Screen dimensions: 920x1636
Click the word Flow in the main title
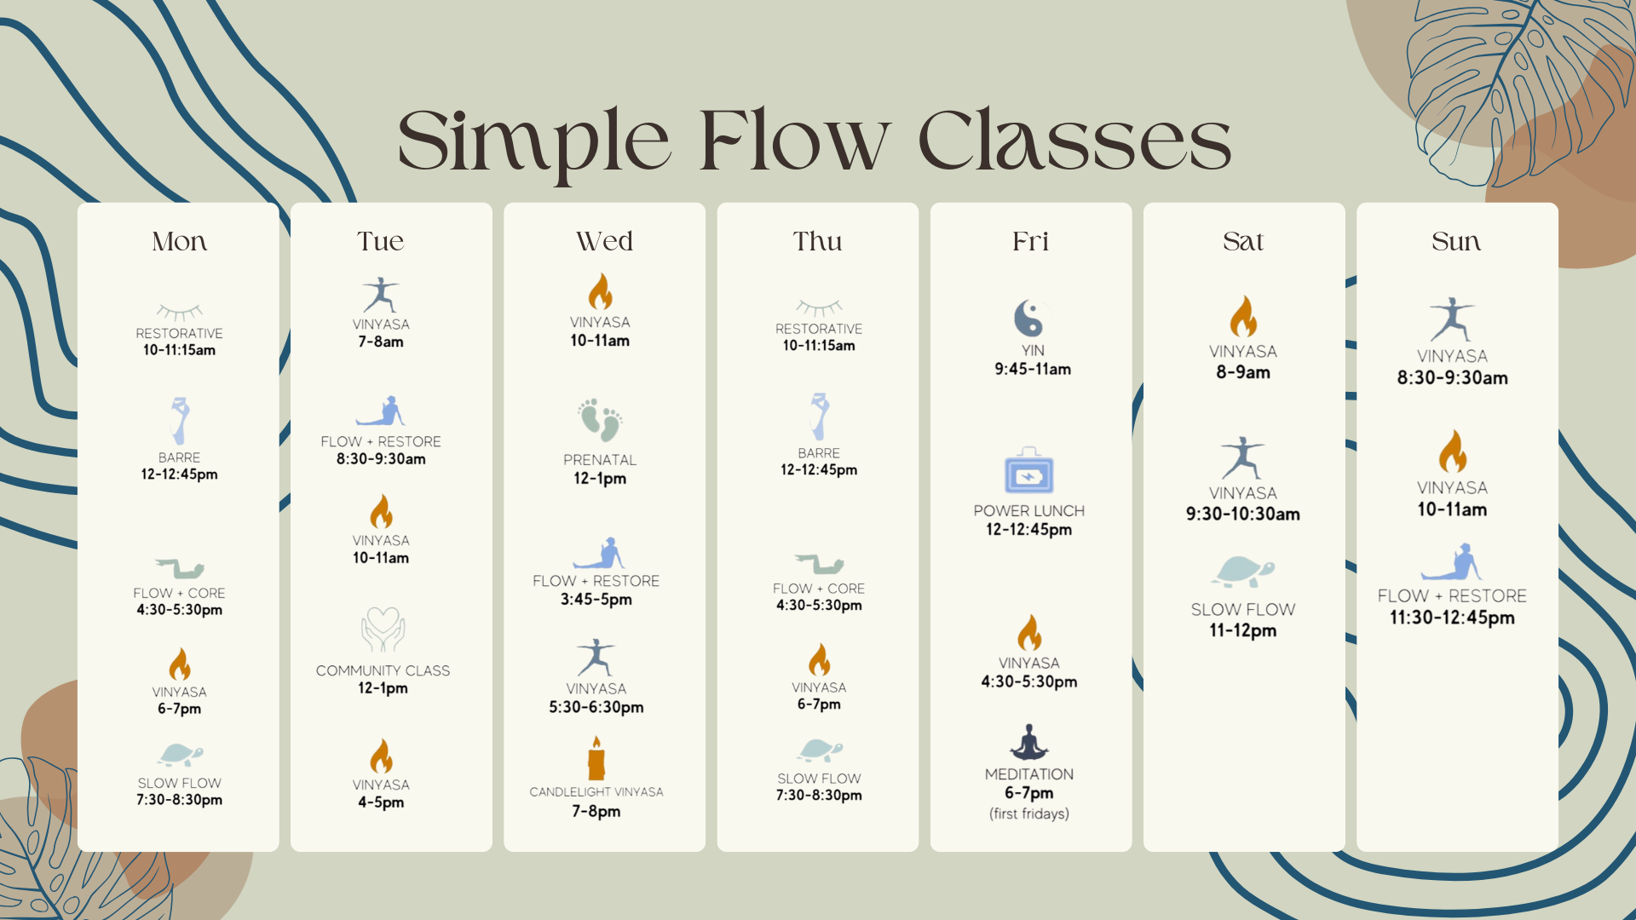794,141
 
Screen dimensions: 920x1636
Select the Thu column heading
817,241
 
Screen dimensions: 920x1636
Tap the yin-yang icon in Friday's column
1028,318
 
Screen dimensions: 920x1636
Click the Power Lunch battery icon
1028,471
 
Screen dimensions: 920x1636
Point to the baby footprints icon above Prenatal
600,419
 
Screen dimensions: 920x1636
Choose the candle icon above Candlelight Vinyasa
596,757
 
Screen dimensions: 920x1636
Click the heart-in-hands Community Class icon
383,630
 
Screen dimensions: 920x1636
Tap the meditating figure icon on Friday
1028,742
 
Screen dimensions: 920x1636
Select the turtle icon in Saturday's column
1244,571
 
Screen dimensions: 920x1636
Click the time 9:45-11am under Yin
1033,369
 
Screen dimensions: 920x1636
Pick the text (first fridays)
1029,814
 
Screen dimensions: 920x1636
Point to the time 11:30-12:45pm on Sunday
1452,618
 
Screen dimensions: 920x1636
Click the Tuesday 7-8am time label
381,342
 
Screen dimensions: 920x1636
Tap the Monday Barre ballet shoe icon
179,420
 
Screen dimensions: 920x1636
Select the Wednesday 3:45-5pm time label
596,599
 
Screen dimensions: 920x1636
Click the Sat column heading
1243,241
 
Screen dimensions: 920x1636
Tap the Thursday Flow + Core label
818,589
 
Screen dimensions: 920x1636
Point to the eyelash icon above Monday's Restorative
179,311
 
